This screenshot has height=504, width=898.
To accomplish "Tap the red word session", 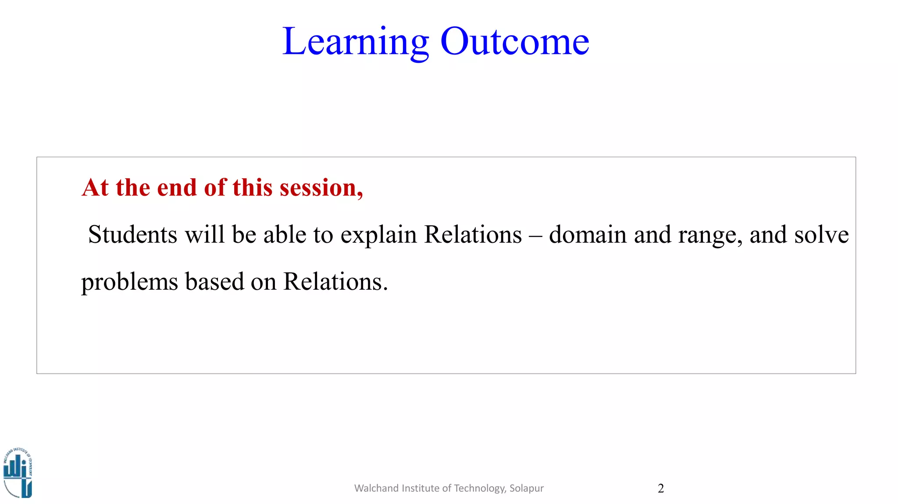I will pyautogui.click(x=321, y=188).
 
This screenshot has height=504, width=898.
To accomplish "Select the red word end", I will pyautogui.click(x=176, y=188).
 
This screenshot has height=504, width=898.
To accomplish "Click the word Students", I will pyautogui.click(x=132, y=234).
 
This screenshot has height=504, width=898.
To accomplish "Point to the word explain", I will pyautogui.click(x=378, y=235).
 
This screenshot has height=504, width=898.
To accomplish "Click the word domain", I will pyautogui.click(x=588, y=234).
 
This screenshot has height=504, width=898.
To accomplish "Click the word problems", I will pyautogui.click(x=129, y=282).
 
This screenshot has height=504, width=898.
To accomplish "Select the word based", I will pyautogui.click(x=214, y=281).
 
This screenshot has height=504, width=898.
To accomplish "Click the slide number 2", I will pyautogui.click(x=661, y=488).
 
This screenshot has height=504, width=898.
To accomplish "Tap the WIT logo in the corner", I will pyautogui.click(x=18, y=473).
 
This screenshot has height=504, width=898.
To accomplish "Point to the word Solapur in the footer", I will pyautogui.click(x=526, y=488).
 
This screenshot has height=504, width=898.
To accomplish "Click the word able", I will pyautogui.click(x=285, y=234).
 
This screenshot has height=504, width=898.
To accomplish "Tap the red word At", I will pyautogui.click(x=95, y=188).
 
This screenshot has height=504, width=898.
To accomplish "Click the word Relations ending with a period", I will pyautogui.click(x=335, y=281).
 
